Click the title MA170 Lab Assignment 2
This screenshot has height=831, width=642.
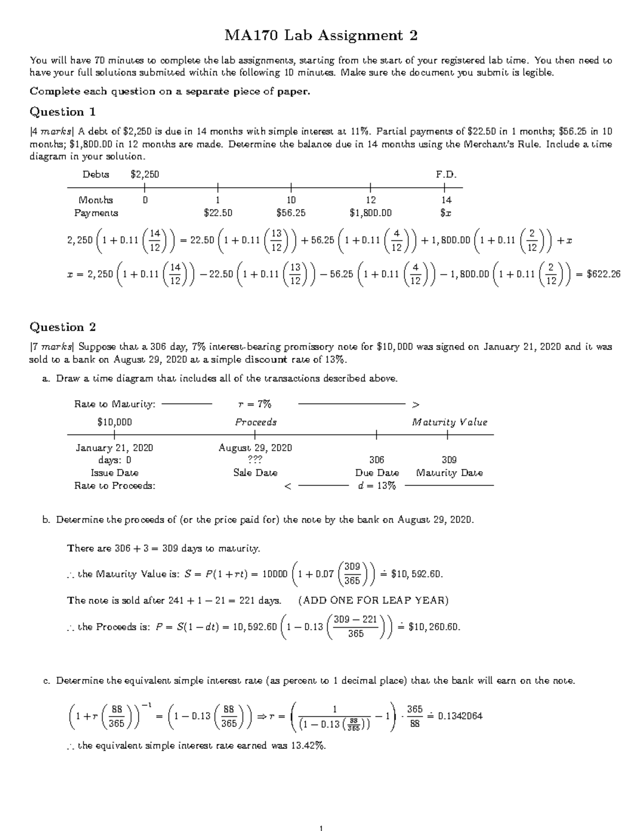(x=320, y=36)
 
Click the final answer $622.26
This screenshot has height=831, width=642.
(x=603, y=274)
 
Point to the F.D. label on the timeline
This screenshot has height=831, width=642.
(x=446, y=174)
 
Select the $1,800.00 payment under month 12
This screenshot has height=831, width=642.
(x=370, y=213)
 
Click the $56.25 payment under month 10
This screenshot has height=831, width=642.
(x=291, y=213)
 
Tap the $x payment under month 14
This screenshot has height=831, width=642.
(x=446, y=213)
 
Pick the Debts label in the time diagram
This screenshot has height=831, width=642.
(x=96, y=174)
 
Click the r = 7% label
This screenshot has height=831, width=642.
(x=255, y=404)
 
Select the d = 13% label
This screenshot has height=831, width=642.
(x=377, y=486)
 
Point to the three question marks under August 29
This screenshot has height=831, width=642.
(x=255, y=460)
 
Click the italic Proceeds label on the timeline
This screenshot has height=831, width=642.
(x=256, y=422)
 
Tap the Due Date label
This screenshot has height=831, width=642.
(x=377, y=473)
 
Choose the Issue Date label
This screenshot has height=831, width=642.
(x=114, y=473)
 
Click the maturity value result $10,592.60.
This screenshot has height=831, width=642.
(x=417, y=574)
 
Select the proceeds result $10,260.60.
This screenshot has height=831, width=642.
(x=434, y=627)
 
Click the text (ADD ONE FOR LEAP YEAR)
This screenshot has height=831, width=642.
(x=373, y=600)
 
